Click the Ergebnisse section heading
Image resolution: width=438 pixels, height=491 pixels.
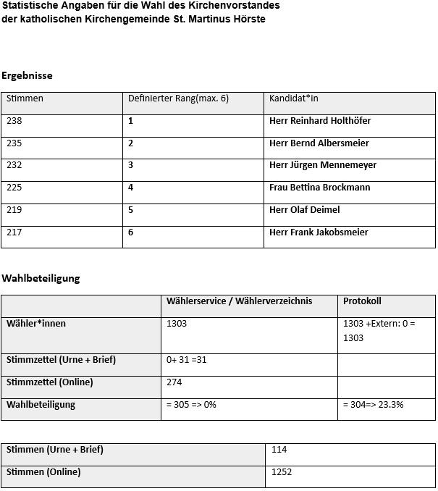pos(27,75)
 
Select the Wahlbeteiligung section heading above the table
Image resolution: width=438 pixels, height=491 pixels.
pos(41,278)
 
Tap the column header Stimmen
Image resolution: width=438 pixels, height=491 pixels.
pos(25,98)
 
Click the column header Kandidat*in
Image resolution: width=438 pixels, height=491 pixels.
pos(293,98)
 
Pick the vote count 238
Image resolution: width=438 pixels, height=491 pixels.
pos(14,121)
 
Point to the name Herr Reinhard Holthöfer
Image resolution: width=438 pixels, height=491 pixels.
pos(319,121)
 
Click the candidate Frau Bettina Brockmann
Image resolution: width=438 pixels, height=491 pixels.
pos(319,188)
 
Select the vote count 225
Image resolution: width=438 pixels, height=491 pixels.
pos(14,188)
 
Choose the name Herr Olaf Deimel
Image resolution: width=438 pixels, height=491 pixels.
pos(304,210)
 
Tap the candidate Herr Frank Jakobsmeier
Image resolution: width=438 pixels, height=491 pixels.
pos(319,232)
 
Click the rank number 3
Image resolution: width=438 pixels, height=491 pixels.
pos(131,165)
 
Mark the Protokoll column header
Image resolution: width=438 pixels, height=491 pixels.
pos(362,301)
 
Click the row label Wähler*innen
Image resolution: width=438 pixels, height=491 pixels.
pos(36,324)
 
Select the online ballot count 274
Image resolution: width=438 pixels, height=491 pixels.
pos(174,382)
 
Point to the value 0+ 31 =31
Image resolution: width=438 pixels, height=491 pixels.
pos(187,360)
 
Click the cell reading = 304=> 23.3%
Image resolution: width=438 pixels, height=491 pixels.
pos(373,405)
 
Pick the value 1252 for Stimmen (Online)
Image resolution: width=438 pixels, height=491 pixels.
pos(282,472)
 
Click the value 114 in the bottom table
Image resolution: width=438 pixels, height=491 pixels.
pos(279,450)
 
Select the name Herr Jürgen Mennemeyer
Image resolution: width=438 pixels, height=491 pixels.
pos(323,165)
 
